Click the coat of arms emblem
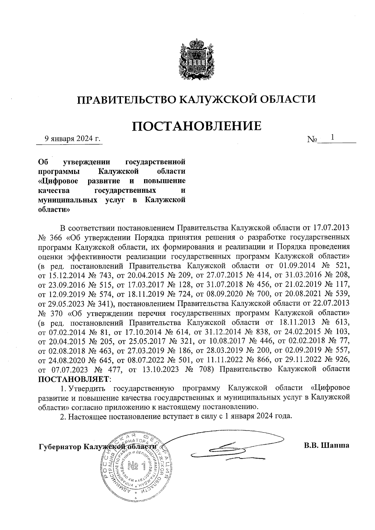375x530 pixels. pos(196,61)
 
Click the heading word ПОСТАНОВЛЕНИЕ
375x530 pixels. pos(196,126)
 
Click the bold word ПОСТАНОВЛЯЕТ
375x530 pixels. pos(74,379)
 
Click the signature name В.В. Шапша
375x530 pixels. pos(326,445)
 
